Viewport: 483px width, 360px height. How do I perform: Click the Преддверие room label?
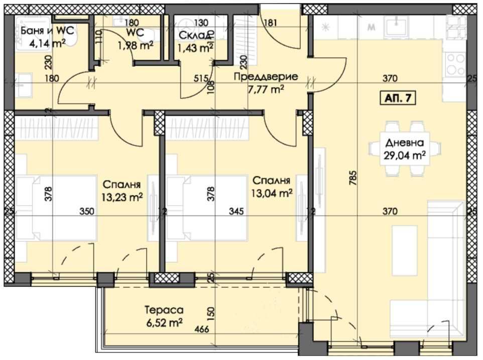coord(266,77)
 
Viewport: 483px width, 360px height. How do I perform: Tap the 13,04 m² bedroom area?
coord(272,193)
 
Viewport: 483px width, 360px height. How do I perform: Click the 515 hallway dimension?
coord(201,78)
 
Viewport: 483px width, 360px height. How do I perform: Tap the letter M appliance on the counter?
coord(372,28)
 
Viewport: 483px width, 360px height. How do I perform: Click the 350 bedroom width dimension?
coord(87,212)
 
